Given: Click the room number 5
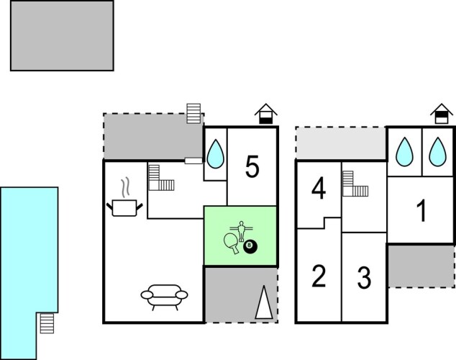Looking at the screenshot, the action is click(252, 166).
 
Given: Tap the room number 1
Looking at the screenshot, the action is click(421, 211).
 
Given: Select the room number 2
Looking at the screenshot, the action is click(319, 276).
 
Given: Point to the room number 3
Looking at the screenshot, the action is click(364, 278).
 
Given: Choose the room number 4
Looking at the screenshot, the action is click(319, 189).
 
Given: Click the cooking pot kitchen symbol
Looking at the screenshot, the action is click(124, 208).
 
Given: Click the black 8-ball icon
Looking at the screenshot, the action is click(250, 246).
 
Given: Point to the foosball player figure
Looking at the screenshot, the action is click(241, 231).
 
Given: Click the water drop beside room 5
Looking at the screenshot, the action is click(215, 153).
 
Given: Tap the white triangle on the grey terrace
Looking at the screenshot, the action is click(264, 302).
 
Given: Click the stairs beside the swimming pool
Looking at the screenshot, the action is click(47, 323).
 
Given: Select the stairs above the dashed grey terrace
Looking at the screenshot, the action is click(193, 114).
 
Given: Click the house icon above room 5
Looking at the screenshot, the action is click(266, 114).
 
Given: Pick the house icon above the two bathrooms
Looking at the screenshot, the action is click(442, 114).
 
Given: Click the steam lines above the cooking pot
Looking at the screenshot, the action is click(125, 186).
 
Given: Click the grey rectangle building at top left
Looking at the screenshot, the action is click(62, 35).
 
